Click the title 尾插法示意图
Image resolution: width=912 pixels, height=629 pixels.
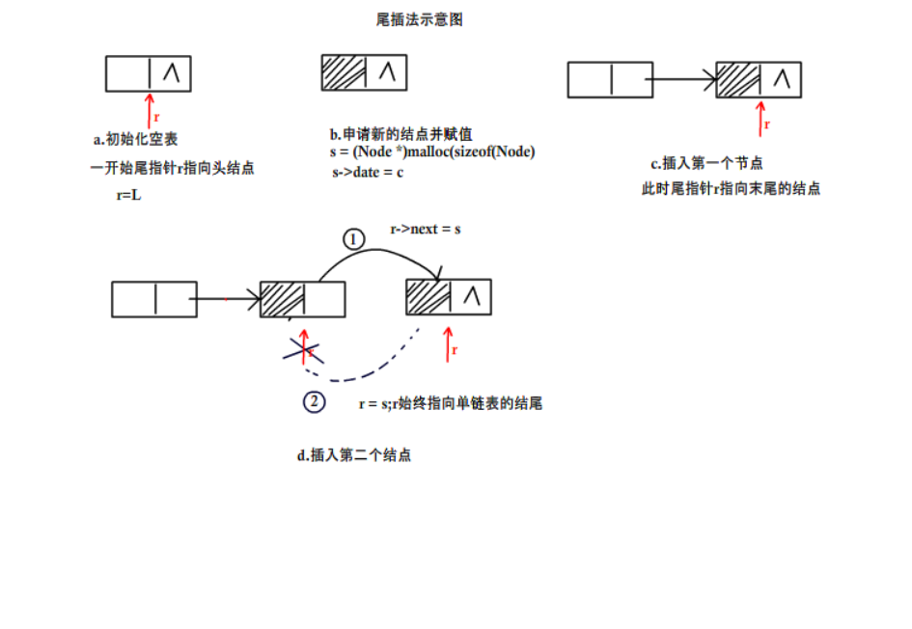tap(419, 19)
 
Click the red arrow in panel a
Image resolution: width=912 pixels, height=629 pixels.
tap(149, 109)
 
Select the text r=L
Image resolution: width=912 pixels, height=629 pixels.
tap(129, 195)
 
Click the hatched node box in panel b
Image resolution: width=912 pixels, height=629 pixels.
tap(364, 72)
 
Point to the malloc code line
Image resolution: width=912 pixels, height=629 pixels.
tap(431, 152)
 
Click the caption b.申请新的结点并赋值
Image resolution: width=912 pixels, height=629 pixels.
tap(400, 133)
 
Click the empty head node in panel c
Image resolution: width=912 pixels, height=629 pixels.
tap(611, 79)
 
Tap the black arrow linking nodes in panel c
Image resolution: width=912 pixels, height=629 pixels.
tap(685, 79)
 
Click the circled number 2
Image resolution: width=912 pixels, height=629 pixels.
tap(314, 402)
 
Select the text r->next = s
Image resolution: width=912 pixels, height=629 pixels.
tap(425, 230)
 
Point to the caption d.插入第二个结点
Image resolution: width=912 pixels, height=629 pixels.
tap(353, 454)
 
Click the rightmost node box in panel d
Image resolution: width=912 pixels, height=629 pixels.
tap(448, 297)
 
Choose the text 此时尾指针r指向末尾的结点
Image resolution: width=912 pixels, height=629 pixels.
tap(731, 189)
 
